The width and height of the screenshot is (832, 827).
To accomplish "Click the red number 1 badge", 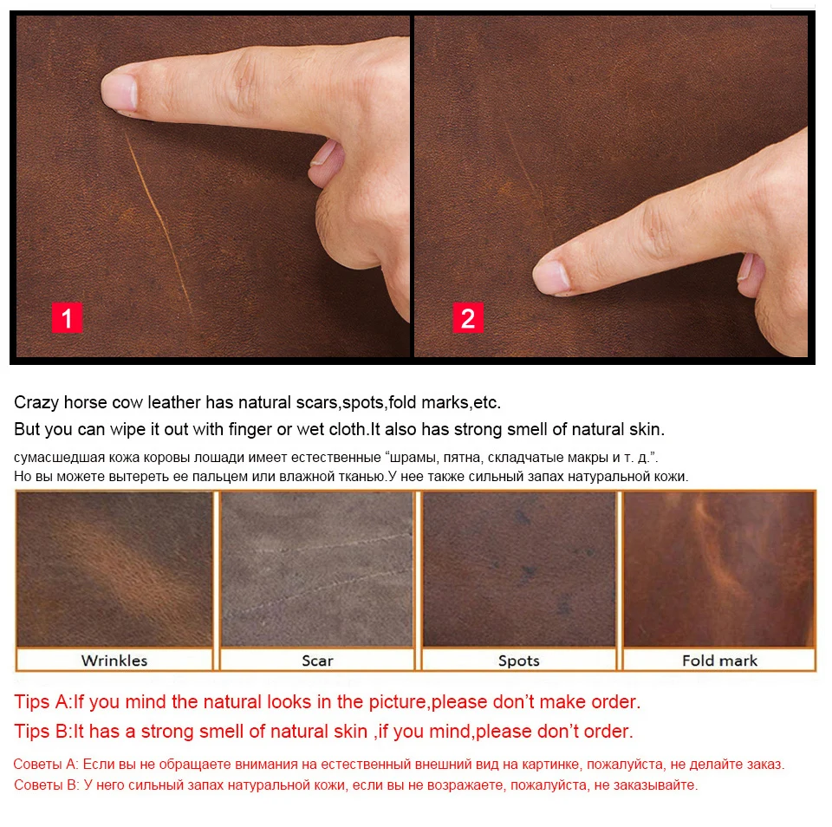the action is coord(67,318).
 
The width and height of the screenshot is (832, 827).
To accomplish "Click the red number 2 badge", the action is coord(468,318).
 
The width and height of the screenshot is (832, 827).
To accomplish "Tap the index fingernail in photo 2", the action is coord(551,277).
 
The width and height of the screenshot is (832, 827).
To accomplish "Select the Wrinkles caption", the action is coord(114,661).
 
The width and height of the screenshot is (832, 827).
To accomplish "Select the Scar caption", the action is coord(317,661).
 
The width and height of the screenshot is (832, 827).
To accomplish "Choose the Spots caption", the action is coord(518,661).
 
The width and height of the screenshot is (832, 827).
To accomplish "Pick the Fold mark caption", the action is coord(719,661).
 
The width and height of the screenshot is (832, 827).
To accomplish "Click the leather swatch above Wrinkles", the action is coord(114,569).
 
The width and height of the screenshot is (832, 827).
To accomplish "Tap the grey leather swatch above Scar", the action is coord(317,569).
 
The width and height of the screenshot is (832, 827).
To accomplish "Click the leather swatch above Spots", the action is coord(519,569).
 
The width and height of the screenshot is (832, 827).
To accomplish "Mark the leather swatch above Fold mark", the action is coord(719,569).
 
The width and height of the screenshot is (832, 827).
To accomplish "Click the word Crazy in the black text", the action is coord(36,403).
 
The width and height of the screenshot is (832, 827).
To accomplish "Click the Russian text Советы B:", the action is coord(47,785).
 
